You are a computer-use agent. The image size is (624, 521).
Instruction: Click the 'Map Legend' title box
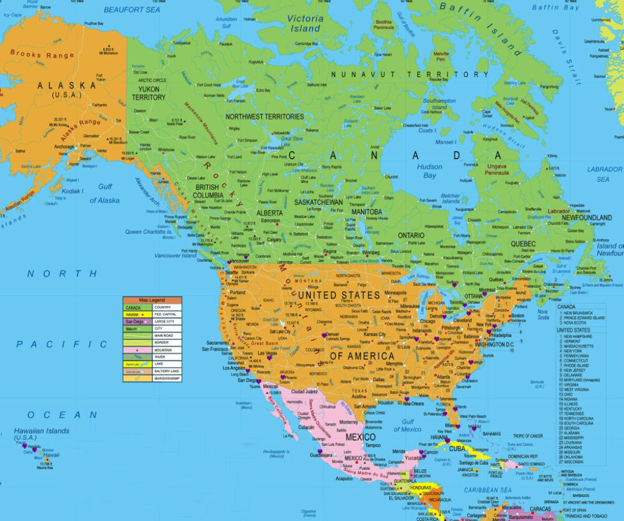pyautogui.click(x=152, y=300)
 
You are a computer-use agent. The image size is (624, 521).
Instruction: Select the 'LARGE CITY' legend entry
pyautogui.click(x=165, y=322)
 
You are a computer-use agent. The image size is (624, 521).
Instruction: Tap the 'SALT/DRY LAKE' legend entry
pyautogui.click(x=166, y=371)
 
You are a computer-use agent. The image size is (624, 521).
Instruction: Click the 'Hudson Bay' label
pyautogui.click(x=430, y=171)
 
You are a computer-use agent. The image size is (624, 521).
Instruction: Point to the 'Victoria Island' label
pyautogui.click(x=305, y=23)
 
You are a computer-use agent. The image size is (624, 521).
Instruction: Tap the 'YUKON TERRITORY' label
pyautogui.click(x=148, y=93)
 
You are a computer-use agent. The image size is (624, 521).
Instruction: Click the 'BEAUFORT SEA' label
pyautogui.click(x=132, y=10)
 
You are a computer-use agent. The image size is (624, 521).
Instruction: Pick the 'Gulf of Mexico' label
pyautogui.click(x=407, y=425)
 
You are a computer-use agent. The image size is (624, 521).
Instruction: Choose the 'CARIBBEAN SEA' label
pyautogui.click(x=487, y=490)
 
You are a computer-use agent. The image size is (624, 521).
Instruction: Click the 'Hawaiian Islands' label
pyautogui.click(x=41, y=434)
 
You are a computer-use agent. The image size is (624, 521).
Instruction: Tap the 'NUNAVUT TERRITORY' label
pyautogui.click(x=409, y=74)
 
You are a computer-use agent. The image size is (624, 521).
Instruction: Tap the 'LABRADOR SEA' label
pyautogui.click(x=604, y=174)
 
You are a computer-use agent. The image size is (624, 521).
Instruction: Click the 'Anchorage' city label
pyautogui.click(x=64, y=146)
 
